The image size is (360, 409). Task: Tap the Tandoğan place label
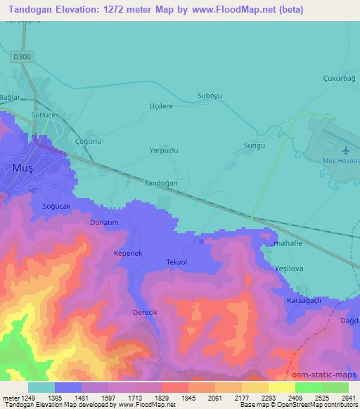pos(160,183)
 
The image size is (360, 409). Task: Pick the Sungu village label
pos(254,145)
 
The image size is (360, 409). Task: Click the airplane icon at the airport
pos(345,150)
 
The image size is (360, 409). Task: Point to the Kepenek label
pos(128,252)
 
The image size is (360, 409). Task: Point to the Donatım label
pos(105,222)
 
